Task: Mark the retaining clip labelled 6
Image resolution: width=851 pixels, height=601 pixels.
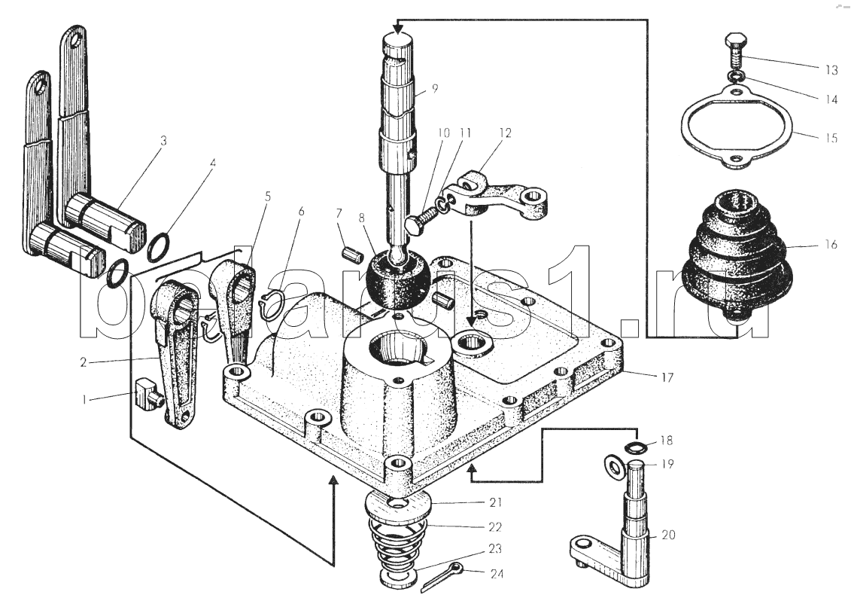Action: (x=272, y=304)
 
